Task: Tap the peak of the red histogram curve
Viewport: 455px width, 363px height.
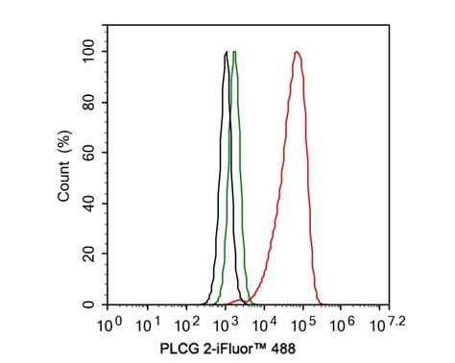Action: [298, 52]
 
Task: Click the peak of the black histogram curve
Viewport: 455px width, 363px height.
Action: [226, 52]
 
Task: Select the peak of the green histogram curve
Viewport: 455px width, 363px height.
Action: [234, 52]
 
